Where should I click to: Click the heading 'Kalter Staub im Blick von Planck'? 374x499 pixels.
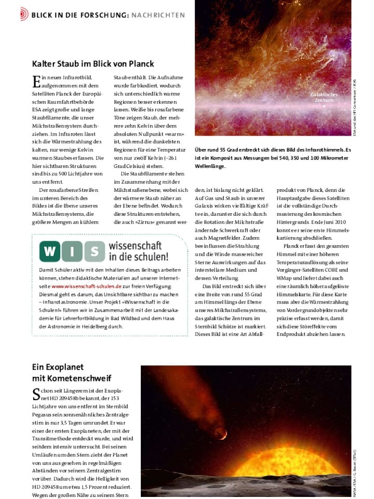[93, 64]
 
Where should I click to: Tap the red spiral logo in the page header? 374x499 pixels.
[24, 15]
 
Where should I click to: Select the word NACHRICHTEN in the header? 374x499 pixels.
[158, 15]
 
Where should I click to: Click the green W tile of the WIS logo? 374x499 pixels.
[50, 251]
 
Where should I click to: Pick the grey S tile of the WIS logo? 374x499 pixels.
[95, 251]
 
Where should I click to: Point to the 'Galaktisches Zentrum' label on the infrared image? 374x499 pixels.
[324, 97]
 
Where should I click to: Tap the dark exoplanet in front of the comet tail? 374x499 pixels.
[220, 433]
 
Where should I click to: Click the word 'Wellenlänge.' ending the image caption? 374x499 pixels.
[210, 166]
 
